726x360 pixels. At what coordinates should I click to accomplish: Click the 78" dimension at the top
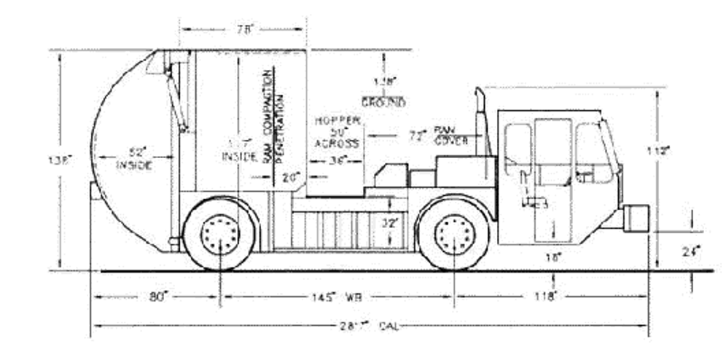pyautogui.click(x=243, y=29)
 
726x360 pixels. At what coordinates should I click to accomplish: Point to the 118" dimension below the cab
pyautogui.click(x=544, y=296)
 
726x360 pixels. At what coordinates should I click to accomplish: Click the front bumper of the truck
pyautogui.click(x=636, y=218)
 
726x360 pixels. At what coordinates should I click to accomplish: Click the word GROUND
pyautogui.click(x=383, y=103)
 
